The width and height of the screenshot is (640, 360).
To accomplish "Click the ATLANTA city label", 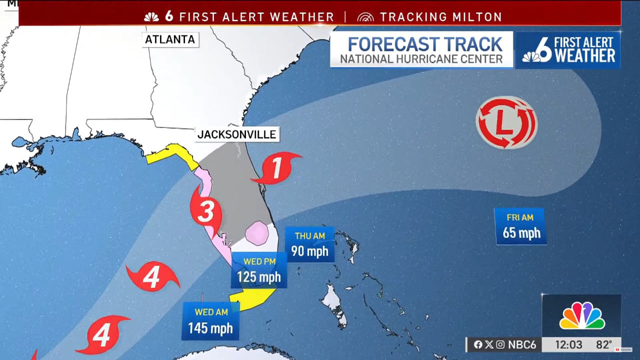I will click(x=170, y=39).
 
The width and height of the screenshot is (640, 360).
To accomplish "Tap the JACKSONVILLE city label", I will click(x=236, y=134).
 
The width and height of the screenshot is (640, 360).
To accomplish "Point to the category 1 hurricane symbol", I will click(x=276, y=168).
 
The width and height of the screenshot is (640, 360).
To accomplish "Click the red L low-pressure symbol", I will click(x=506, y=123).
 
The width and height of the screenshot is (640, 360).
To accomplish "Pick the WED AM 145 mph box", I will click(x=210, y=321).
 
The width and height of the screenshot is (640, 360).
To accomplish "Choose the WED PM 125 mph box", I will click(x=259, y=270).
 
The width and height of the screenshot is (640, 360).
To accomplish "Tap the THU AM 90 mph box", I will click(x=309, y=244).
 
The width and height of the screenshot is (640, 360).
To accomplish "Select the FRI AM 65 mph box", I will click(x=520, y=226).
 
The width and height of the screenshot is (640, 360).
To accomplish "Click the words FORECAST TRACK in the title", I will click(x=424, y=44).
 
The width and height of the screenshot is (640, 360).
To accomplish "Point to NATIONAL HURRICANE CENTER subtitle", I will click(x=421, y=59).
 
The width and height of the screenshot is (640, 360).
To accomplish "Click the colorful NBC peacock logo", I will click(x=581, y=316).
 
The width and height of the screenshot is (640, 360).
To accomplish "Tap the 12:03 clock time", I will click(x=568, y=345).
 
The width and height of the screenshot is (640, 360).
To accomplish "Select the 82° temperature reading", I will click(x=603, y=345).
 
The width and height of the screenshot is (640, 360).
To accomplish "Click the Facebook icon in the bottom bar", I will click(x=478, y=345).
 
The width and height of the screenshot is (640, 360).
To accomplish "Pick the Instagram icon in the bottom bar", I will click(x=500, y=345).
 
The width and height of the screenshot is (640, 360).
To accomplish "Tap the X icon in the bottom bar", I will click(x=489, y=345).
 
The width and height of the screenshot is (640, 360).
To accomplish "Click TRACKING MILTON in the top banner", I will click(x=440, y=17).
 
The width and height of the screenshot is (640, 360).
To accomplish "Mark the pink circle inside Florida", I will click(x=257, y=233).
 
